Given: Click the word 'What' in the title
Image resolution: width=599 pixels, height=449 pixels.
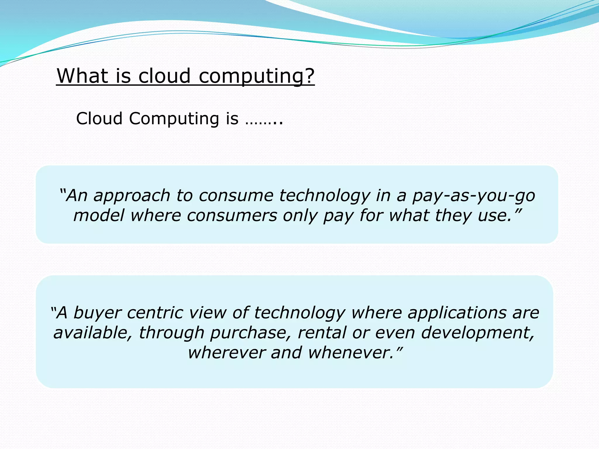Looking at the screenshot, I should (82, 76).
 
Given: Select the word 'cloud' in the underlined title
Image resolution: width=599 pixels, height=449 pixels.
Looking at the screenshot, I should (164, 76).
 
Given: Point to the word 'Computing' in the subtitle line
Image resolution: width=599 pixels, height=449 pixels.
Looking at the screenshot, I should (174, 119).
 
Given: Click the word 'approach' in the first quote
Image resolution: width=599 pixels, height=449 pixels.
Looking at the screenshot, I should (132, 196).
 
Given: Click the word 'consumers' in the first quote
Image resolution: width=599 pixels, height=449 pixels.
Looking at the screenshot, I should (232, 216).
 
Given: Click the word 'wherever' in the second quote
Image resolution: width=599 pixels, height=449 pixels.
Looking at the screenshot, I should (227, 353).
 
